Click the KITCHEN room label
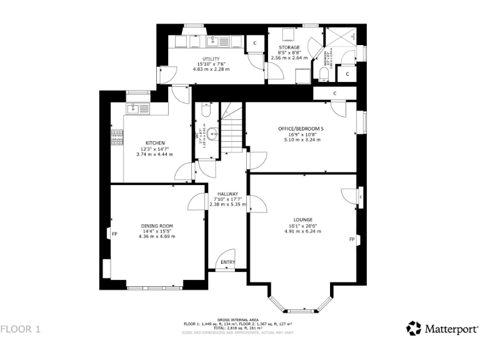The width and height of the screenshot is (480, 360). [x=154, y=143]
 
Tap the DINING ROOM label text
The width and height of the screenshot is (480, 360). [x=157, y=226]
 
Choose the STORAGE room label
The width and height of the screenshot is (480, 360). [x=289, y=47]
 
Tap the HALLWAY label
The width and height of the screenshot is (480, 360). [x=227, y=194]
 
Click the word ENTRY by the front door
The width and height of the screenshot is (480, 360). [x=228, y=262]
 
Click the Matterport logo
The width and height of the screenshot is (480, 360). [x=442, y=328]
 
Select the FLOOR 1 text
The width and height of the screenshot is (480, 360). [x=21, y=328]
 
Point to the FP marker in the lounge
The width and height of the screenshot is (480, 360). [x=352, y=239]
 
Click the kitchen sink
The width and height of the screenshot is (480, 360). [x=133, y=109]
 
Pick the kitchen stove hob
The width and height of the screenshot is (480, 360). [x=117, y=137]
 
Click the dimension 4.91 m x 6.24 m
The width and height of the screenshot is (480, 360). [x=304, y=231]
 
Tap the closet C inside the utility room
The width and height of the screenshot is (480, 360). [x=255, y=42]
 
